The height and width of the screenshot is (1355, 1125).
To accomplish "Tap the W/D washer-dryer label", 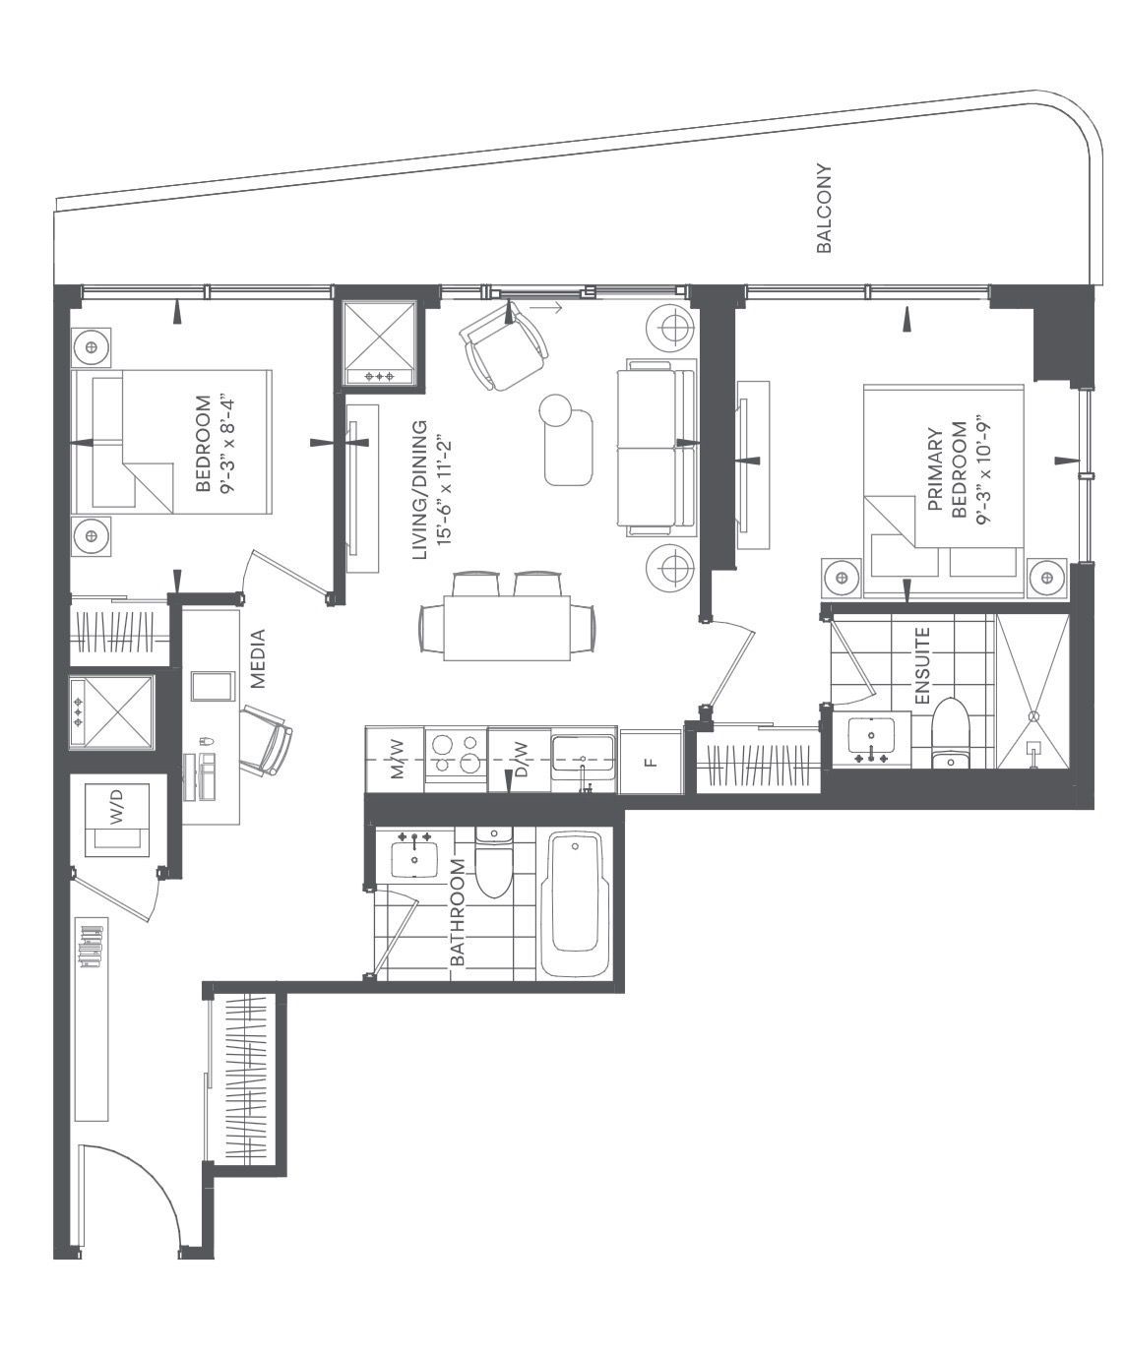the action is click(x=117, y=808).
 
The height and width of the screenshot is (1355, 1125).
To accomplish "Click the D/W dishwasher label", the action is click(x=521, y=760).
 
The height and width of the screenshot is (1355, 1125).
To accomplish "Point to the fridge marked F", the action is click(x=652, y=762).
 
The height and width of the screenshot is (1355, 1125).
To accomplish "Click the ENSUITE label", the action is click(x=922, y=666).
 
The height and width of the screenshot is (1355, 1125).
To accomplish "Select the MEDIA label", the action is click(x=258, y=658).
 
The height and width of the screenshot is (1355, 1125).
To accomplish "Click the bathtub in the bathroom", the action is click(x=575, y=904).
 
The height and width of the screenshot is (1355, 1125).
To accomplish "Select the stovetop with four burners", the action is click(x=456, y=754).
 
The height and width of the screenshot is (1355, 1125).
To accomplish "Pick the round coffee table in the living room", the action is click(x=555, y=410).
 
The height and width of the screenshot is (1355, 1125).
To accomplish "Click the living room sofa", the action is click(x=656, y=448).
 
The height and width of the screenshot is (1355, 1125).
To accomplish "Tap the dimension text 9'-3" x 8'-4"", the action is click(x=226, y=446).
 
